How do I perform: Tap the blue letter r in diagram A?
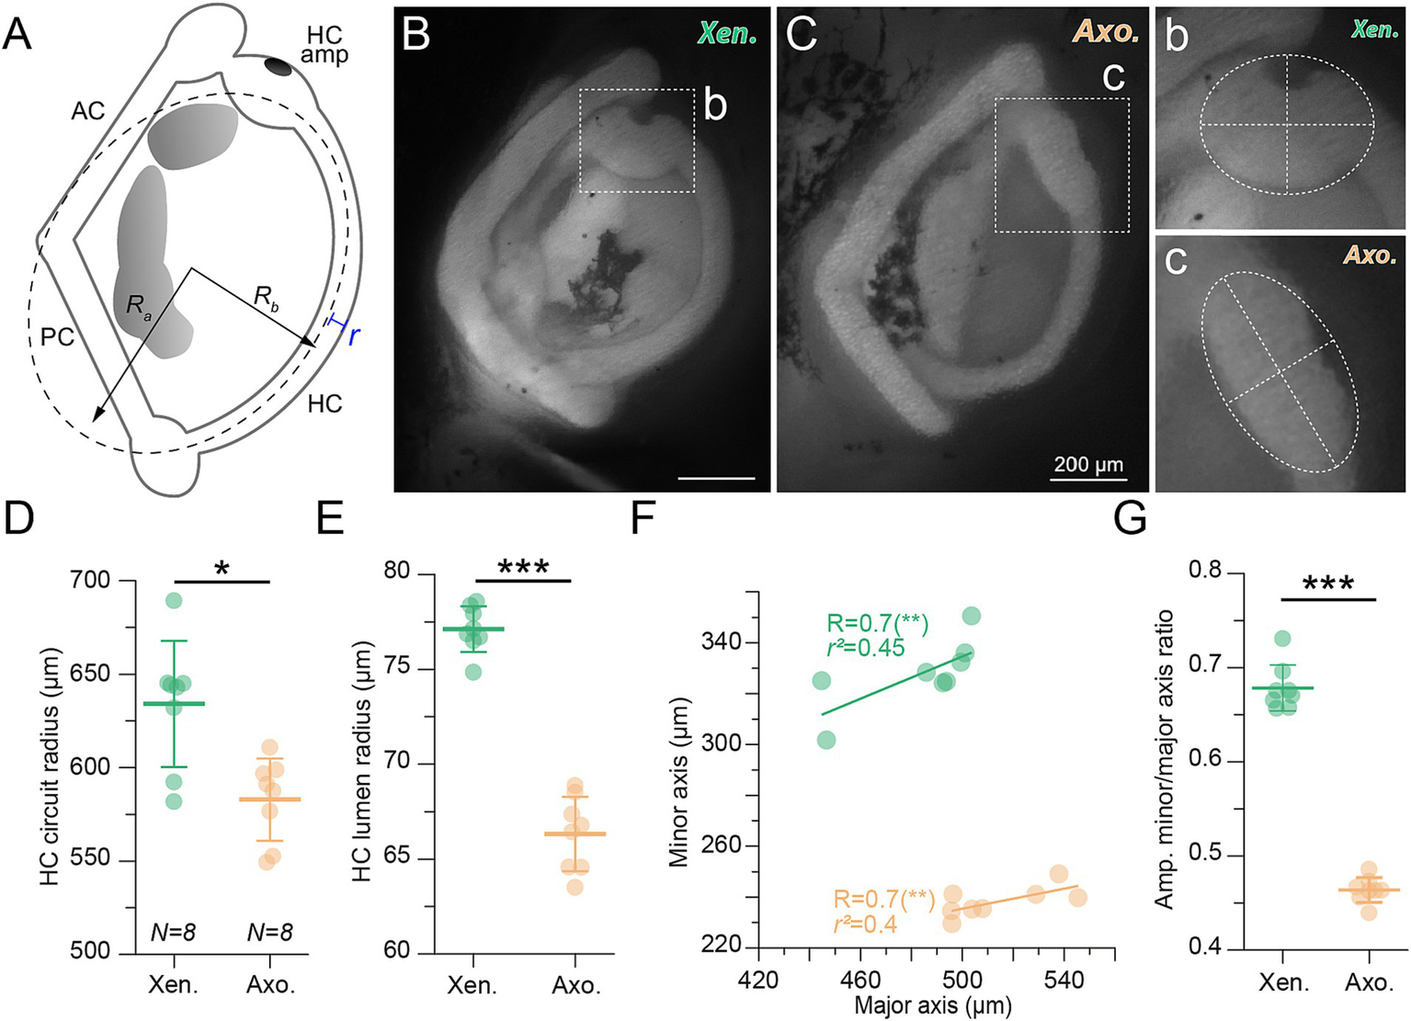click(x=353, y=335)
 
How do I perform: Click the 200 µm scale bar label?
click(x=1088, y=464)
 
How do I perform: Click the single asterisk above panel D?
click(x=221, y=568)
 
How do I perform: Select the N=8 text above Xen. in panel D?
click(x=174, y=932)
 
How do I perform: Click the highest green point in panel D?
click(x=174, y=601)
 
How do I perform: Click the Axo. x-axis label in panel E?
click(x=575, y=986)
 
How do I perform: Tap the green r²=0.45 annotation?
click(x=864, y=648)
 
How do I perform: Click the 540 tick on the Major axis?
click(x=1064, y=980)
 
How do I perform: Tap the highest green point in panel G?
click(x=1282, y=638)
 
